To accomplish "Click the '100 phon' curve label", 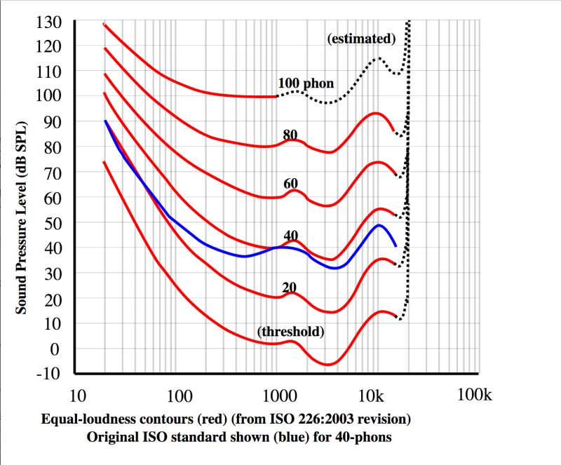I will pyautogui.click(x=306, y=83).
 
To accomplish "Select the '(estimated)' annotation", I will pyautogui.click(x=362, y=39).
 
